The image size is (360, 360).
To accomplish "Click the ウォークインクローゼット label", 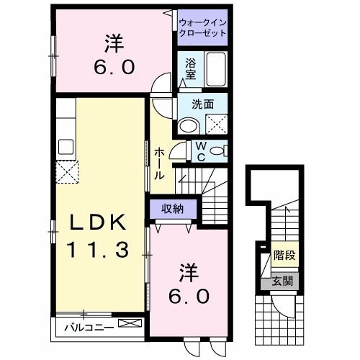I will (202, 28).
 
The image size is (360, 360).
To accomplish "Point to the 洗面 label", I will (203, 104).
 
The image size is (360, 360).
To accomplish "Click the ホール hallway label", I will (159, 163).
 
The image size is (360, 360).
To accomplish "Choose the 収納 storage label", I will (172, 209).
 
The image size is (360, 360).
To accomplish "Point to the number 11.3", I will (99, 251).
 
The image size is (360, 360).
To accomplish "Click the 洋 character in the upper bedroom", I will (112, 45).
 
